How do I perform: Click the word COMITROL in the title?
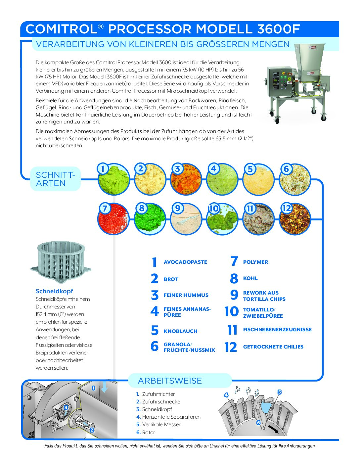[x=61, y=29]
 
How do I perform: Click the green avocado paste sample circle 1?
[x=113, y=180]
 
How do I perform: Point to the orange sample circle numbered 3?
[x=186, y=180]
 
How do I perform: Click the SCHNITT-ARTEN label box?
[x=55, y=179]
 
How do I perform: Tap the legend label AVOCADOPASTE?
[x=185, y=262]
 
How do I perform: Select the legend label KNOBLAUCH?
[x=180, y=331]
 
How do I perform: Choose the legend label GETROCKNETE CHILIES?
[x=273, y=347]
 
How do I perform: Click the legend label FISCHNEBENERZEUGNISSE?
[x=277, y=330]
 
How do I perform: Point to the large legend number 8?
[x=234, y=279]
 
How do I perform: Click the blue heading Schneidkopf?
[x=54, y=291]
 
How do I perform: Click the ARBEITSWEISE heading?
[x=170, y=381]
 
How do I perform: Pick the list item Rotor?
[x=148, y=433]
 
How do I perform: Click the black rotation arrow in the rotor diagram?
[x=273, y=429]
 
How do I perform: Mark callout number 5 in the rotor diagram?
[x=280, y=392]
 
